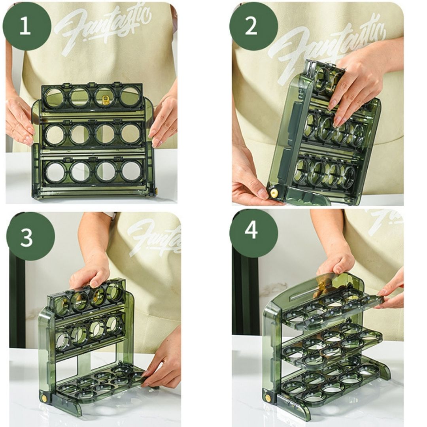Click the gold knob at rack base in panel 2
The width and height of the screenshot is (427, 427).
point(274,193)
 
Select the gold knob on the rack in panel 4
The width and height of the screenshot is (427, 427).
point(268,398)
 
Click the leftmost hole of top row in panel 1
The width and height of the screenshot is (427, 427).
point(55,97)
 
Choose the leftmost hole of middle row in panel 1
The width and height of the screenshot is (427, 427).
point(55,135)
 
